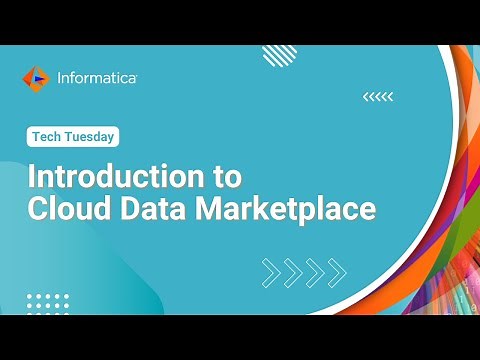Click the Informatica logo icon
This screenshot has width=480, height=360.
[x=36, y=78]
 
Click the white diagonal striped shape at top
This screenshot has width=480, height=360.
[x=279, y=55]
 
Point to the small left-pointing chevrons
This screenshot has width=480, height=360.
[x=377, y=96]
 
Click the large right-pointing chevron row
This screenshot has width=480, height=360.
[x=304, y=270]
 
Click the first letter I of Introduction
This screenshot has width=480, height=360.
[x=32, y=177]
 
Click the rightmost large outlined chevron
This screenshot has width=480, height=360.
[x=337, y=270]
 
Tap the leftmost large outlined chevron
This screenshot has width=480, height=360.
[x=271, y=270]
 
